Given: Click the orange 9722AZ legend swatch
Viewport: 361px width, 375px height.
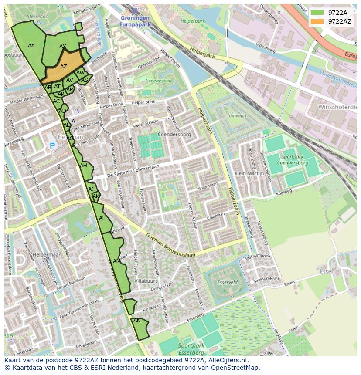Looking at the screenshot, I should pos(317,21).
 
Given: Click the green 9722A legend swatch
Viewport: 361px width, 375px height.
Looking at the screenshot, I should pos(317,13).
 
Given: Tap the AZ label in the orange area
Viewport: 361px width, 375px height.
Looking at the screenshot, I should pos(64,67).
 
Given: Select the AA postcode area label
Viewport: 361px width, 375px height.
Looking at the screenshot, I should pos(31,46).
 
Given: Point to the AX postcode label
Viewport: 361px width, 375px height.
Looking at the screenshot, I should pos(63,47).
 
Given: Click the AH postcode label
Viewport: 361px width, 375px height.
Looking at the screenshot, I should pos(83,166).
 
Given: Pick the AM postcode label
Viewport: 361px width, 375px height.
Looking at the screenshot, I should pos(116,261).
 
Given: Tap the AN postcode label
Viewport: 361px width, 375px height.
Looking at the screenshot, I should pos(137,321).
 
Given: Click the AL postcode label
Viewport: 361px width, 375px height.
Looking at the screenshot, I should pos(102,218).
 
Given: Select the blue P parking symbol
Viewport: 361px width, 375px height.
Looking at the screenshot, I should pos(52,146).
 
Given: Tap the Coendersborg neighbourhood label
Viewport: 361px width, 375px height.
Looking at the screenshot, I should pos(174,135).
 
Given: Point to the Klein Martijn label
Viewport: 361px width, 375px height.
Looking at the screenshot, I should pos(249,173).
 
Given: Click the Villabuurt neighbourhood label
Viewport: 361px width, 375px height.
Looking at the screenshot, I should pos(146,281).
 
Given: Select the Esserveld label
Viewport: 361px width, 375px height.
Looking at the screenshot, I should pos(227,282).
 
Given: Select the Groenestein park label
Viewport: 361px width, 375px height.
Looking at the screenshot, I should pos(158,81).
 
